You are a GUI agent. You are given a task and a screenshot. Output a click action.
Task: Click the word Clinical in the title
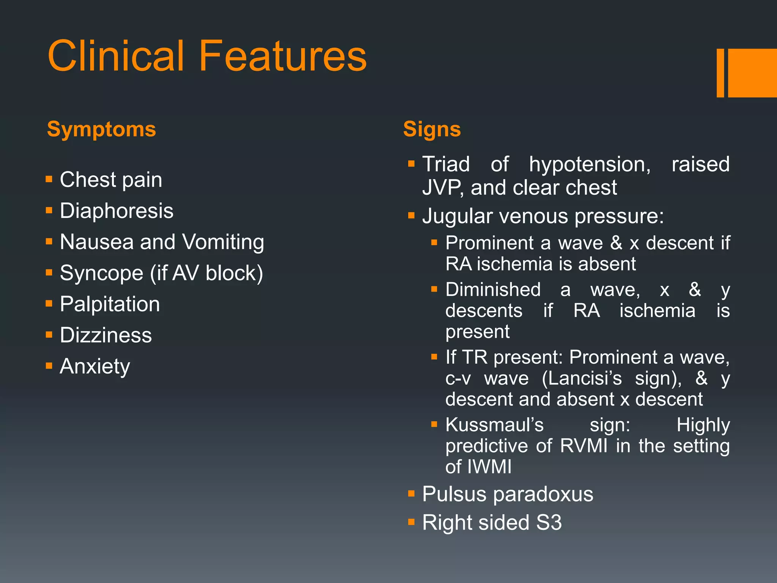(115, 56)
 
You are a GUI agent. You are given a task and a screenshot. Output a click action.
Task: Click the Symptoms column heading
(101, 129)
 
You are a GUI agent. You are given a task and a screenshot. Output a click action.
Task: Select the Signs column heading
(432, 129)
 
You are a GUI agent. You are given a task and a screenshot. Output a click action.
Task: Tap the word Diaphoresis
(116, 211)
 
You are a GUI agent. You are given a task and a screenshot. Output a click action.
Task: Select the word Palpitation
(110, 304)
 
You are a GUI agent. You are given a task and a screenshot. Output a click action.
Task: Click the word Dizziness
(105, 336)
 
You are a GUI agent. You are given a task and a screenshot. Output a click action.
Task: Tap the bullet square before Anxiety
(49, 366)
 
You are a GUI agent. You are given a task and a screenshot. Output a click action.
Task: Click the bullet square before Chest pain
(49, 179)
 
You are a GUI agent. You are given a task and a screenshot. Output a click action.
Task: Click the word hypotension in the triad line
(590, 165)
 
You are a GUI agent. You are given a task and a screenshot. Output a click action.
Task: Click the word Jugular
(456, 216)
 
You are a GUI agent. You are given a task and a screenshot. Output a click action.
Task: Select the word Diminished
(493, 290)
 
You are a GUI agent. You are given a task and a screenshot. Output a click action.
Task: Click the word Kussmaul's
(494, 425)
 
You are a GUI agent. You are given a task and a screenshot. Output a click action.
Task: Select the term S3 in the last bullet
(549, 523)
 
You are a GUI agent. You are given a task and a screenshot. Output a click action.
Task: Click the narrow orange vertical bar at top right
(720, 73)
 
